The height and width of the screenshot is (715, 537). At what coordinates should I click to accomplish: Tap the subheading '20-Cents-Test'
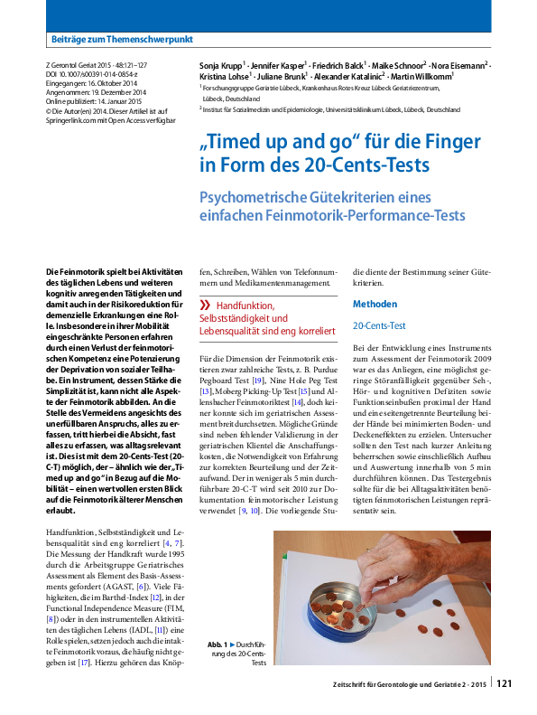point(378,324)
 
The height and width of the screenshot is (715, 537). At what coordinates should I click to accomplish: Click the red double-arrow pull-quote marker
point(205,306)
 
